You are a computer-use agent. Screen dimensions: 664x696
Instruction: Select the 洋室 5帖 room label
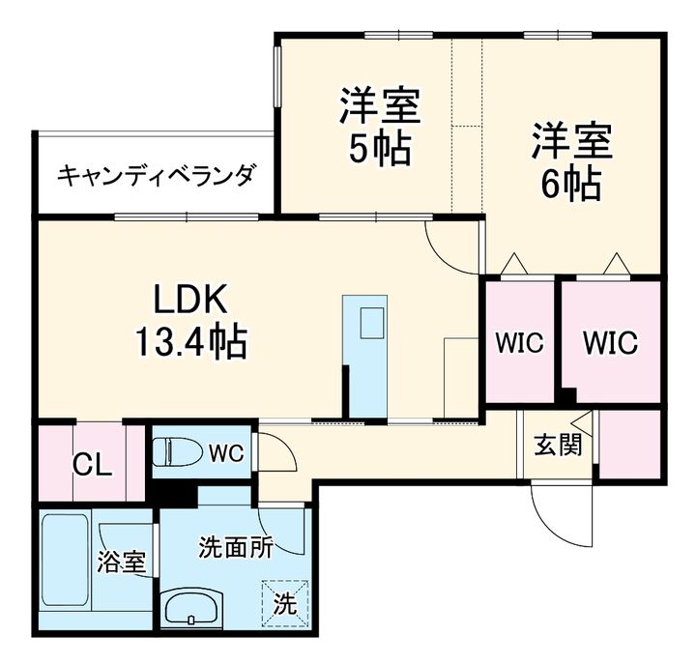(x=379, y=127)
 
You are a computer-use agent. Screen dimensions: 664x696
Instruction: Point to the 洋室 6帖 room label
(x=570, y=159)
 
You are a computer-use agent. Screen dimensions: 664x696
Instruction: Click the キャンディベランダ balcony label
(x=158, y=176)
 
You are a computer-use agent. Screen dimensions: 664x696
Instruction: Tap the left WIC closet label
(x=520, y=342)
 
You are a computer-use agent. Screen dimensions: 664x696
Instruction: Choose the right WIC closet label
(x=610, y=342)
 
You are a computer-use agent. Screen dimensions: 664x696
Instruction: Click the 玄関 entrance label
(x=559, y=447)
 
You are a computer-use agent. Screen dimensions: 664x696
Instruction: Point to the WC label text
(x=229, y=451)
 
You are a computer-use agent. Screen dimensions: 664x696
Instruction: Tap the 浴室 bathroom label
(x=122, y=562)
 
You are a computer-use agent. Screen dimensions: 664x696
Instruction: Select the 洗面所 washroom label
(x=235, y=547)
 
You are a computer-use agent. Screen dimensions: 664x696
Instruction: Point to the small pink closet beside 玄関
(x=630, y=444)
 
